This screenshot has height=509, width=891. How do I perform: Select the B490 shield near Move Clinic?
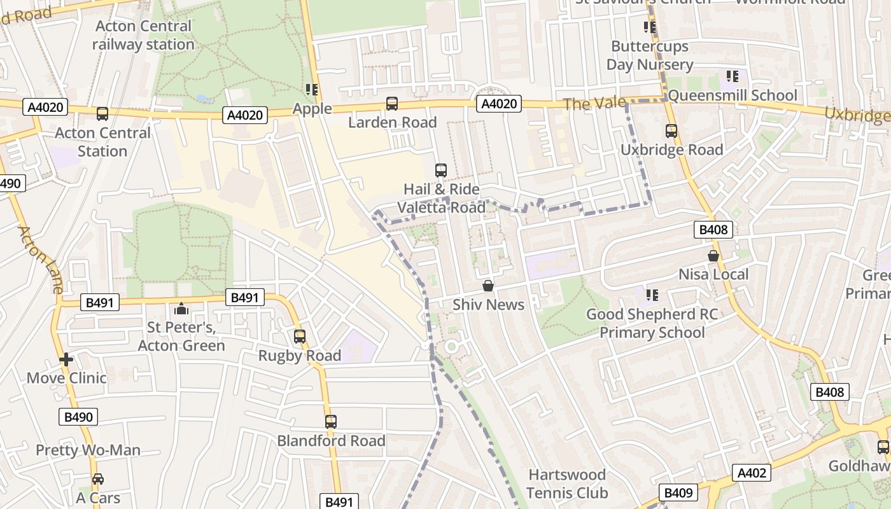point(79,417)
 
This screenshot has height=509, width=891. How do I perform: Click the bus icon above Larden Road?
point(392,104)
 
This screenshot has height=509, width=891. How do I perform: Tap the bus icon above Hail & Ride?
point(440,170)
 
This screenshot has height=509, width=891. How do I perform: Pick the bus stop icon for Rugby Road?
point(299,337)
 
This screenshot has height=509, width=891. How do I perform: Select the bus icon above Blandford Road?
point(330,421)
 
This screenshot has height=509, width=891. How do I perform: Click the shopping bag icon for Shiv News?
point(488,286)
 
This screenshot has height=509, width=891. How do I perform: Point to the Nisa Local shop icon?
point(713,256)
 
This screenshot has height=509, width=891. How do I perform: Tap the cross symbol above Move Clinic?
point(66,359)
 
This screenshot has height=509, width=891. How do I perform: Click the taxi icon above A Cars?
point(98,479)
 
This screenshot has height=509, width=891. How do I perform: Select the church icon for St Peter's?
point(181,309)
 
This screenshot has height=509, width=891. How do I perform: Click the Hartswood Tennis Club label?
point(566,484)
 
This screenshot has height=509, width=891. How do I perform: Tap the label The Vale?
point(594,103)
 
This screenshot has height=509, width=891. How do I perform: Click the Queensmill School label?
point(732,95)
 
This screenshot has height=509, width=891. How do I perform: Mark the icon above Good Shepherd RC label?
point(652,295)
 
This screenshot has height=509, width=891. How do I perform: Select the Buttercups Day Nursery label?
point(649,55)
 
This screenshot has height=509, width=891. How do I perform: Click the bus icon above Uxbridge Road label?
point(671,131)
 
